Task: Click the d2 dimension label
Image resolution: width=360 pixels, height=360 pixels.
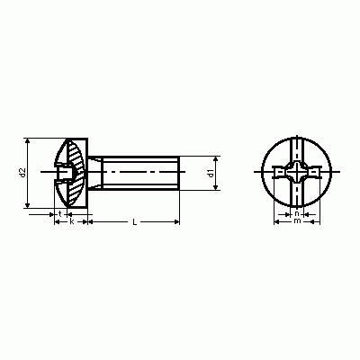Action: click(22, 173)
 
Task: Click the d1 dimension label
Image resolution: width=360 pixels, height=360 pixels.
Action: click(211, 173)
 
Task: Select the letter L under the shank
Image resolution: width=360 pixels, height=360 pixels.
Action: click(135, 222)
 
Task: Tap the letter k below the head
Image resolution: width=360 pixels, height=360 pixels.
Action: click(72, 221)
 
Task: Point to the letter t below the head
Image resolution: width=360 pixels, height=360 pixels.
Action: click(60, 214)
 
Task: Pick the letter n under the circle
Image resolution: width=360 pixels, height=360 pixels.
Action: click(297, 214)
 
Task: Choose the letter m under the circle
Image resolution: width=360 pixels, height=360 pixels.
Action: click(297, 221)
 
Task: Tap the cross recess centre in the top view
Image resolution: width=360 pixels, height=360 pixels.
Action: click(297, 172)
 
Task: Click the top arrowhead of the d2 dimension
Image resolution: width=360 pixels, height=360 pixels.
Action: click(28, 141)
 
